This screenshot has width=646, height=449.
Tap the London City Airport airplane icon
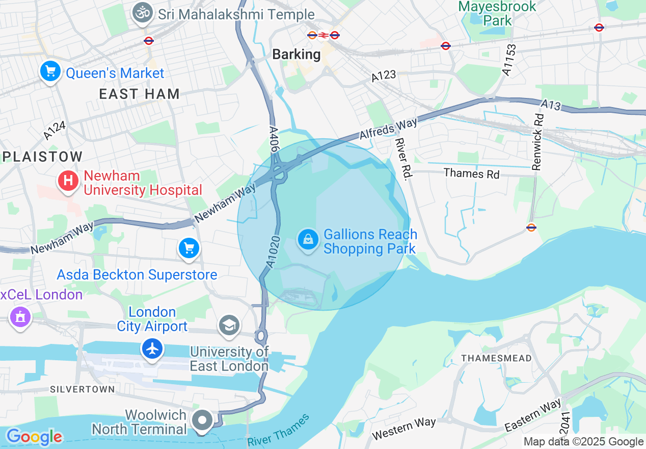tap(152, 349)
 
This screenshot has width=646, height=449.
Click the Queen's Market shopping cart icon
tap(50, 72)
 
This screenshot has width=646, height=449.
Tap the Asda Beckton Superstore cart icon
tap(189, 248)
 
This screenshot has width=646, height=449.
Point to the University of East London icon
tap(229, 325)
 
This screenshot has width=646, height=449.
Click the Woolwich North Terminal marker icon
tap(203, 421)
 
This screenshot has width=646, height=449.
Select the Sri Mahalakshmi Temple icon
tap(143, 13)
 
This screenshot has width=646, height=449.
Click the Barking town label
tap(297, 54)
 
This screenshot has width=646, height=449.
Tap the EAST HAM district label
tap(139, 94)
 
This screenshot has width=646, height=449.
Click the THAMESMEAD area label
tap(496, 358)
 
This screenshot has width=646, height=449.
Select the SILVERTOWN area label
tap(82, 389)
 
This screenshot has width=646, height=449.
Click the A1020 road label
tap(274, 252)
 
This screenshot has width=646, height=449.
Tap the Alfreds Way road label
tap(388, 129)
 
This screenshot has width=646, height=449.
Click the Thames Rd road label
tap(471, 173)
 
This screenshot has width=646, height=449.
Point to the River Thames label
tap(278, 430)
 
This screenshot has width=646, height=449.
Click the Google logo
tap(34, 437)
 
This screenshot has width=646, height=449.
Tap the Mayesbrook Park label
tap(497, 13)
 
